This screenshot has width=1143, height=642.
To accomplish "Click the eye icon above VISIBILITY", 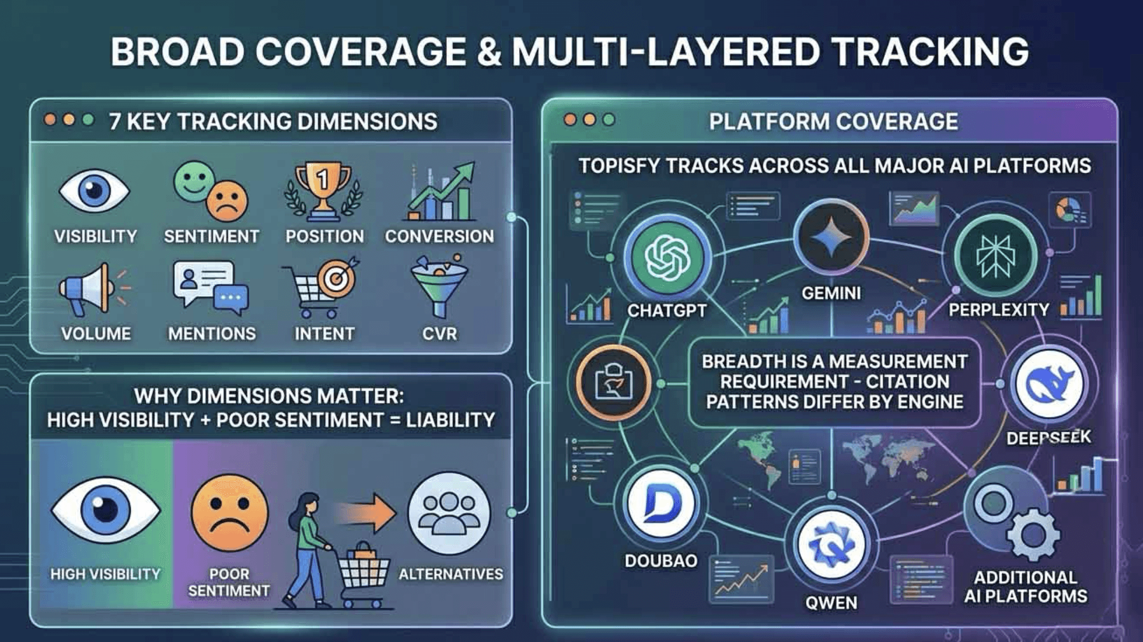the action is tap(94, 191).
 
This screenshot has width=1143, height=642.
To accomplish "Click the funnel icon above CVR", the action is tap(439, 288).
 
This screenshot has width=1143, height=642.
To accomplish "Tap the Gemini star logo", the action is tap(831, 238).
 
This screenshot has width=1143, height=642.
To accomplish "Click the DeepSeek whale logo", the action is tap(1049, 384).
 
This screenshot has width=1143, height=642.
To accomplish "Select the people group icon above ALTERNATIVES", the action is tap(449, 513).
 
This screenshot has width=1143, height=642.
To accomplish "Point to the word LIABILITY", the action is tap(450, 420).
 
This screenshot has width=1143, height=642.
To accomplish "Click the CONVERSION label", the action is tap(439, 237).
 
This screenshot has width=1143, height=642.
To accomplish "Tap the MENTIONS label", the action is tap(212, 334).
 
